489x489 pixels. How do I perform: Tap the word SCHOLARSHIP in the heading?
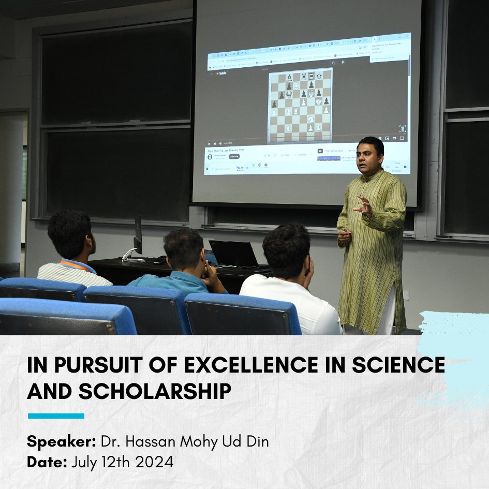(154, 391)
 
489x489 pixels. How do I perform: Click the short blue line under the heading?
(56, 416)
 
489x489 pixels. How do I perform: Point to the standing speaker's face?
(369, 156)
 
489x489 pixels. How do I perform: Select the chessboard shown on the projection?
(300, 106)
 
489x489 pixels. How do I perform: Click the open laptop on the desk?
(234, 254)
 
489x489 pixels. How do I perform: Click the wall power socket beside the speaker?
(406, 295)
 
